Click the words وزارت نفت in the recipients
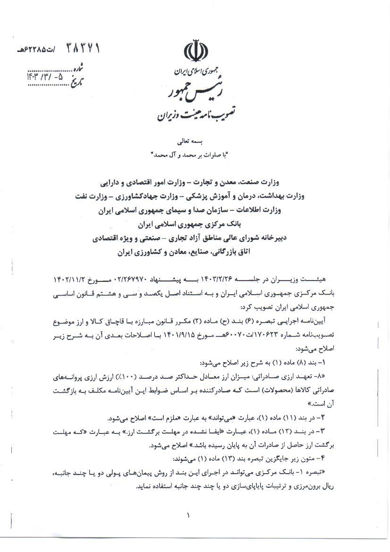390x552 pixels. coord(105,195)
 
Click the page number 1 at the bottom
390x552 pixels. coord(188,515)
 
